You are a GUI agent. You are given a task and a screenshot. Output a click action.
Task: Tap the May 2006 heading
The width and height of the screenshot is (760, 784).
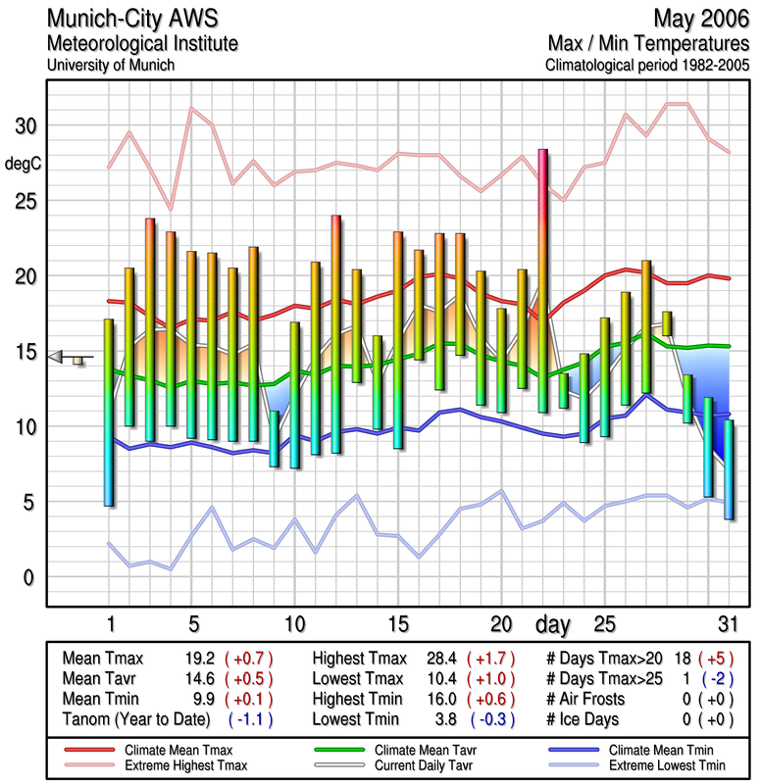[x=699, y=19]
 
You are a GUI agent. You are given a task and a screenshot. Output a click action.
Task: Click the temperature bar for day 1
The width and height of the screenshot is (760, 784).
[x=109, y=412]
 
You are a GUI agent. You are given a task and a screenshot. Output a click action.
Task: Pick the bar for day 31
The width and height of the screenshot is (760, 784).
[x=729, y=469]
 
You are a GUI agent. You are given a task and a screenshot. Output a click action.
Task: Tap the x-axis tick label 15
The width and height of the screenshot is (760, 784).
[x=397, y=624]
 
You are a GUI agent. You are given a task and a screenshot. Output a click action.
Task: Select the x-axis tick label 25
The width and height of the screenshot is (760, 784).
[x=604, y=624]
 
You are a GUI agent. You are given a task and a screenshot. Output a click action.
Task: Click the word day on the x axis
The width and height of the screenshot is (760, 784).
[x=554, y=624]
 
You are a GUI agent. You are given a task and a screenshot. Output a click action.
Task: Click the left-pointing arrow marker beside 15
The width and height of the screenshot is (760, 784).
[x=56, y=357]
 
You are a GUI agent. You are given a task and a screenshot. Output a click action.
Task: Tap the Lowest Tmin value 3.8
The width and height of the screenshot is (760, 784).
[x=446, y=718]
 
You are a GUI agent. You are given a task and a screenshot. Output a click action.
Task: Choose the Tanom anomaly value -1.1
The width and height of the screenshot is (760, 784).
[x=249, y=718]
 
